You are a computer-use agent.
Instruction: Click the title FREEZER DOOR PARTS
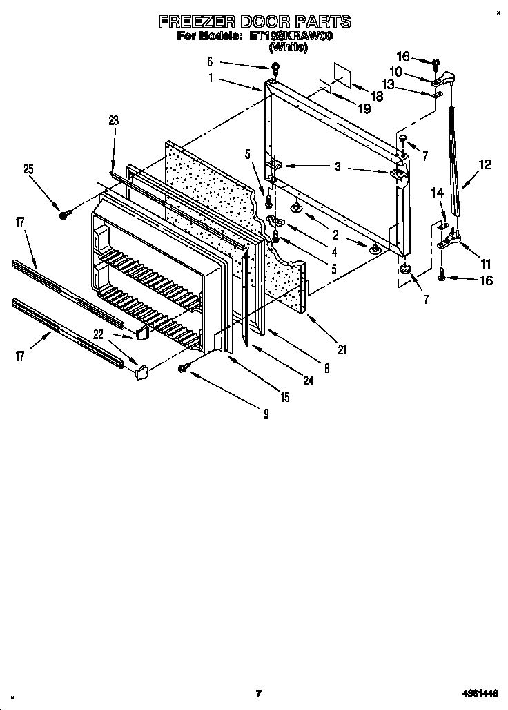[254, 21]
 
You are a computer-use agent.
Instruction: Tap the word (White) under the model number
[288, 47]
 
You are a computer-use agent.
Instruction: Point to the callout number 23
[114, 120]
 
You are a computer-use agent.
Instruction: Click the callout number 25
[28, 168]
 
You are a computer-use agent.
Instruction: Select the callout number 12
[485, 164]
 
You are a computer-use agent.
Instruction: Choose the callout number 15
[284, 397]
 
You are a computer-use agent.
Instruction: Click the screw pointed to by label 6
[275, 67]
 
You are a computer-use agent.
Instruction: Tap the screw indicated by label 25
[63, 215]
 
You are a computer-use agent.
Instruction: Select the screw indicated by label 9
[184, 368]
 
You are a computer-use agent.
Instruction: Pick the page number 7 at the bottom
[258, 693]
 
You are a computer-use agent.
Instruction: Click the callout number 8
[326, 369]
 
